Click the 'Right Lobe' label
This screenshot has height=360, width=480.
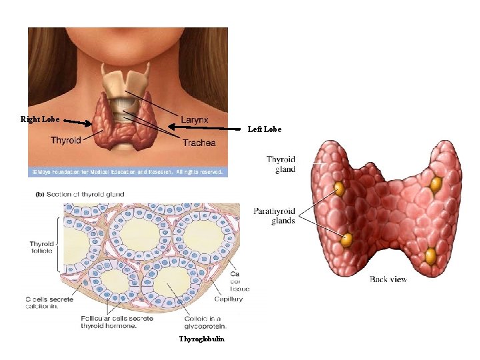coord(40,119)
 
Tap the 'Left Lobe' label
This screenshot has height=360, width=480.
coord(265,129)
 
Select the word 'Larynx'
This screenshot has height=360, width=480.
coord(195,120)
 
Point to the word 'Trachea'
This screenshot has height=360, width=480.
coord(199,143)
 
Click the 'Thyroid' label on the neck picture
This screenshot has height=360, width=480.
coord(66,140)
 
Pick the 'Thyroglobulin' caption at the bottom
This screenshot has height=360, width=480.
coord(202,339)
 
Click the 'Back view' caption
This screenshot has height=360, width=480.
coord(388,279)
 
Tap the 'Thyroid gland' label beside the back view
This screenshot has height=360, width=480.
coord(281,164)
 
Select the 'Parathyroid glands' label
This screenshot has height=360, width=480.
coord(274,216)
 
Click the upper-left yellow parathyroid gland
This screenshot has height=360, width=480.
coord(339,188)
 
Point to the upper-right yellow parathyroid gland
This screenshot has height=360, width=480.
coord(436,183)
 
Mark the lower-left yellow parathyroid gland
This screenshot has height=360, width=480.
coord(347,239)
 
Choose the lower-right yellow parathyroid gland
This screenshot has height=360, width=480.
coord(431,255)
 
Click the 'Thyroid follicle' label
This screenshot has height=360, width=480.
coord(41,249)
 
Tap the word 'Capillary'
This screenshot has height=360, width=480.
coord(229,299)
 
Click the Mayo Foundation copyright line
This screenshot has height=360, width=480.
coord(127,171)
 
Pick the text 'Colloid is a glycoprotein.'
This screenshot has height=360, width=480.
coord(205,322)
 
